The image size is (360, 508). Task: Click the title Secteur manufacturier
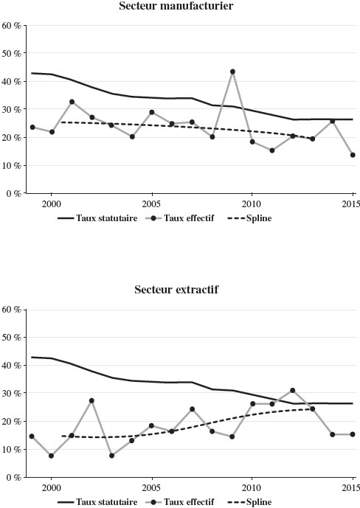[176, 6]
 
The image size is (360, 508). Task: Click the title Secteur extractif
[176, 289]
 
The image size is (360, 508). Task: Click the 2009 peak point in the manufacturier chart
[232, 72]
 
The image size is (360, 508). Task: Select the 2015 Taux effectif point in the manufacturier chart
[353, 155]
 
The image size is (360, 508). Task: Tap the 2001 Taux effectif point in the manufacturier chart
[72, 102]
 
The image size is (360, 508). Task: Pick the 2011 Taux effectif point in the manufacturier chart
[272, 150]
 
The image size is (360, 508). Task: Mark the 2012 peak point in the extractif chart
[293, 390]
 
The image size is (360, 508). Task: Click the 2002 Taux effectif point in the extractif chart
[91, 401]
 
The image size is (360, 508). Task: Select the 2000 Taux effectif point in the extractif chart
[51, 456]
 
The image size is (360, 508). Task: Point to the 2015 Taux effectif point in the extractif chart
[353, 434]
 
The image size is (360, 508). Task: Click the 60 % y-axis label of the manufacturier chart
[11, 25]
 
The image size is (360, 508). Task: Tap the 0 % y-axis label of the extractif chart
[13, 477]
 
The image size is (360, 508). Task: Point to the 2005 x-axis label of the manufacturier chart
[152, 203]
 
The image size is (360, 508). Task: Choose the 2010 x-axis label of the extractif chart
[252, 487]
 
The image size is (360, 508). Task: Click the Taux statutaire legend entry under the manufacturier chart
[97, 218]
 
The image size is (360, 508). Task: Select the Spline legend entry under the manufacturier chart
[249, 218]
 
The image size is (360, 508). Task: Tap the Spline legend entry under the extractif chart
[249, 502]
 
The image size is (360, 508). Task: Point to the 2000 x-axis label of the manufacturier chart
[51, 203]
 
